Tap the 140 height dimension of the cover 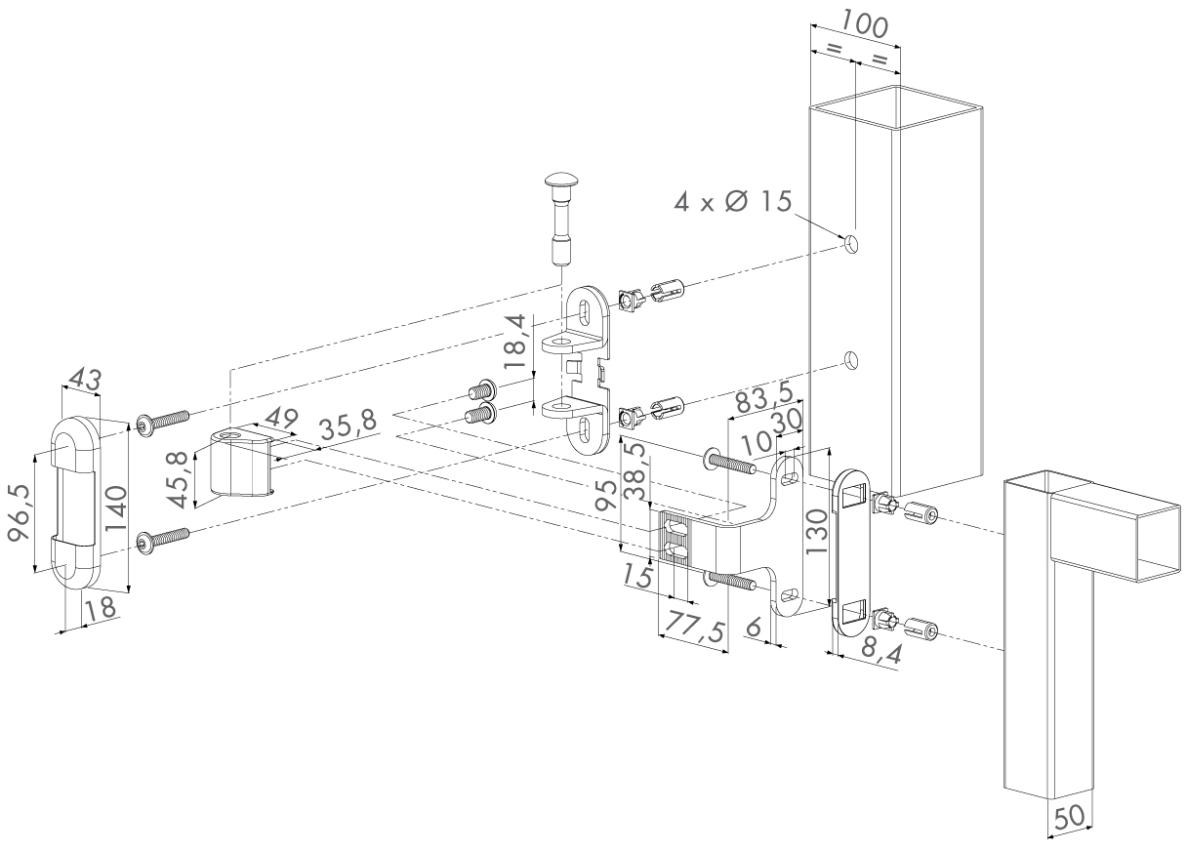(x=117, y=509)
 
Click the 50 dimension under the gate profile (x=1070, y=817)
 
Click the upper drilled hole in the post (x=851, y=243)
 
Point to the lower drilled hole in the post (x=851, y=360)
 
